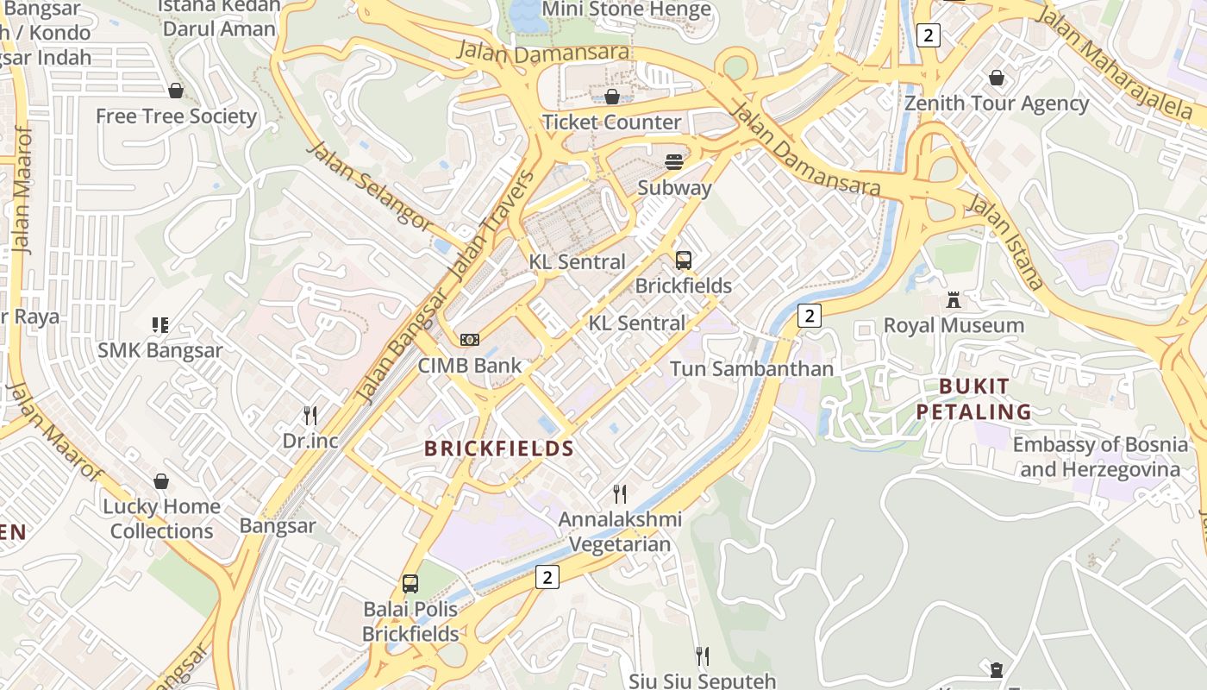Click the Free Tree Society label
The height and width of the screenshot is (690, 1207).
176,116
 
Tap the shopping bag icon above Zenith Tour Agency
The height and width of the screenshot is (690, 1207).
997,78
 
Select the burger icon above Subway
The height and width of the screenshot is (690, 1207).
674,162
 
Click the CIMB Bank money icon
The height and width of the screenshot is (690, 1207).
470,340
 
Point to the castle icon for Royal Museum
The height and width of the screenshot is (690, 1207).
954,300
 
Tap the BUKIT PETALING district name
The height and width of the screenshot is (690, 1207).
974,398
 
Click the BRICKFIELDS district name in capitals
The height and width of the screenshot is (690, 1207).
499,448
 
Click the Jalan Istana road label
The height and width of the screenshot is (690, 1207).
1005,241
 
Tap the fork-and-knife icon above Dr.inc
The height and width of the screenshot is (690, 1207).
310,416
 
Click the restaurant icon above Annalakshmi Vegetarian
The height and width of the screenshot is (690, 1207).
619,494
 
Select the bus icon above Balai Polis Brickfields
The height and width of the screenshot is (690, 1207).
410,584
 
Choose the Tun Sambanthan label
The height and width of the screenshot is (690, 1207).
752,369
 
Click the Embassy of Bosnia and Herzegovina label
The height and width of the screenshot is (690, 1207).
1099,457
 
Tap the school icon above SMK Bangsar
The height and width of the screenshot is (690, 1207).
160,325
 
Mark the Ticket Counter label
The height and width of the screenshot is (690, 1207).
611,122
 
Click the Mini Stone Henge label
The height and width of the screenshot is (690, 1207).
626,10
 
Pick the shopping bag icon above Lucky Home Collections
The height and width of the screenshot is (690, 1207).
161,481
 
